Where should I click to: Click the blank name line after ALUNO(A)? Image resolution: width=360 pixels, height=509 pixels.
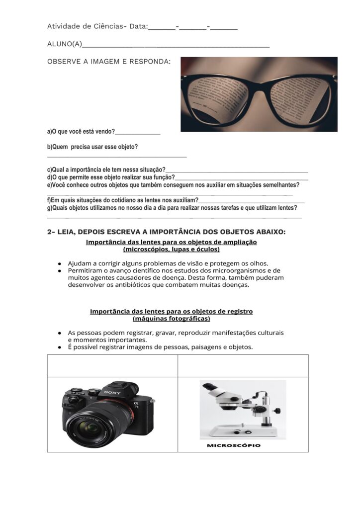tap(176, 46)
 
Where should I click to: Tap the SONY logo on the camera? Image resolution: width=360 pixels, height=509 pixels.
tap(112, 393)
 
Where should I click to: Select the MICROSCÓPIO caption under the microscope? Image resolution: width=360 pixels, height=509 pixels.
tap(233, 445)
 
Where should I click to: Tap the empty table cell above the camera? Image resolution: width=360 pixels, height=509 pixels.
tap(112, 365)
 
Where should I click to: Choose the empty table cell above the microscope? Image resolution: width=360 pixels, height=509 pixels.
tap(243, 365)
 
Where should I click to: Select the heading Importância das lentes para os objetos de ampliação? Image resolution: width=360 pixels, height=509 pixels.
tap(171, 242)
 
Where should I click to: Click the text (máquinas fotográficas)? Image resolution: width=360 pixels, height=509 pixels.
tap(171, 318)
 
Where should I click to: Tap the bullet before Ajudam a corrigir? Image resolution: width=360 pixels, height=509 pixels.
tap(60, 263)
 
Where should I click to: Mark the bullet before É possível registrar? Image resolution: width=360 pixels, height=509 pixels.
tap(60, 347)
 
